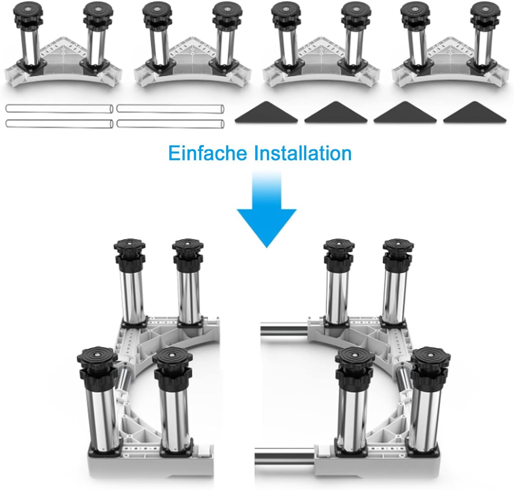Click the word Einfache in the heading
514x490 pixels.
[208, 153]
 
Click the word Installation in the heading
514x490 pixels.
[303, 153]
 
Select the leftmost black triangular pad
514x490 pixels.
[267, 113]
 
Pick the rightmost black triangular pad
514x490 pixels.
[475, 113]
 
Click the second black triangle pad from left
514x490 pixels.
[336, 113]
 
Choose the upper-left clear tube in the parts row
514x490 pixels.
[59, 108]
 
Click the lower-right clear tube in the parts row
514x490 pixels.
[171, 123]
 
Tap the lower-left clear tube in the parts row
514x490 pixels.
[59, 123]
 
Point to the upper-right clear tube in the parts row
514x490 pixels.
[171, 108]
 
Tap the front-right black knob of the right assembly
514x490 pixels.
[430, 368]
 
